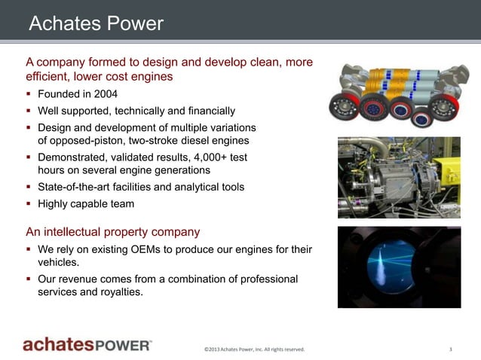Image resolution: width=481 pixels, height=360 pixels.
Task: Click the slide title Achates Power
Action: point(95,23)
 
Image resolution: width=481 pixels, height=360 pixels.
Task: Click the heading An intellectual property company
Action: point(112,231)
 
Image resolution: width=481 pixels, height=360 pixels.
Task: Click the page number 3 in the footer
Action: point(450,349)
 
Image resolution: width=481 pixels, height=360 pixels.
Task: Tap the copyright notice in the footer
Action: point(254,349)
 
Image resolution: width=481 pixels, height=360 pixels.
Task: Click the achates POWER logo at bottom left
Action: point(87,345)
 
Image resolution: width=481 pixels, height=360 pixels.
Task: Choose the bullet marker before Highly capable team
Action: point(29,203)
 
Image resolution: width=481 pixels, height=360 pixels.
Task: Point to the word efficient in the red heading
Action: point(49,76)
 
